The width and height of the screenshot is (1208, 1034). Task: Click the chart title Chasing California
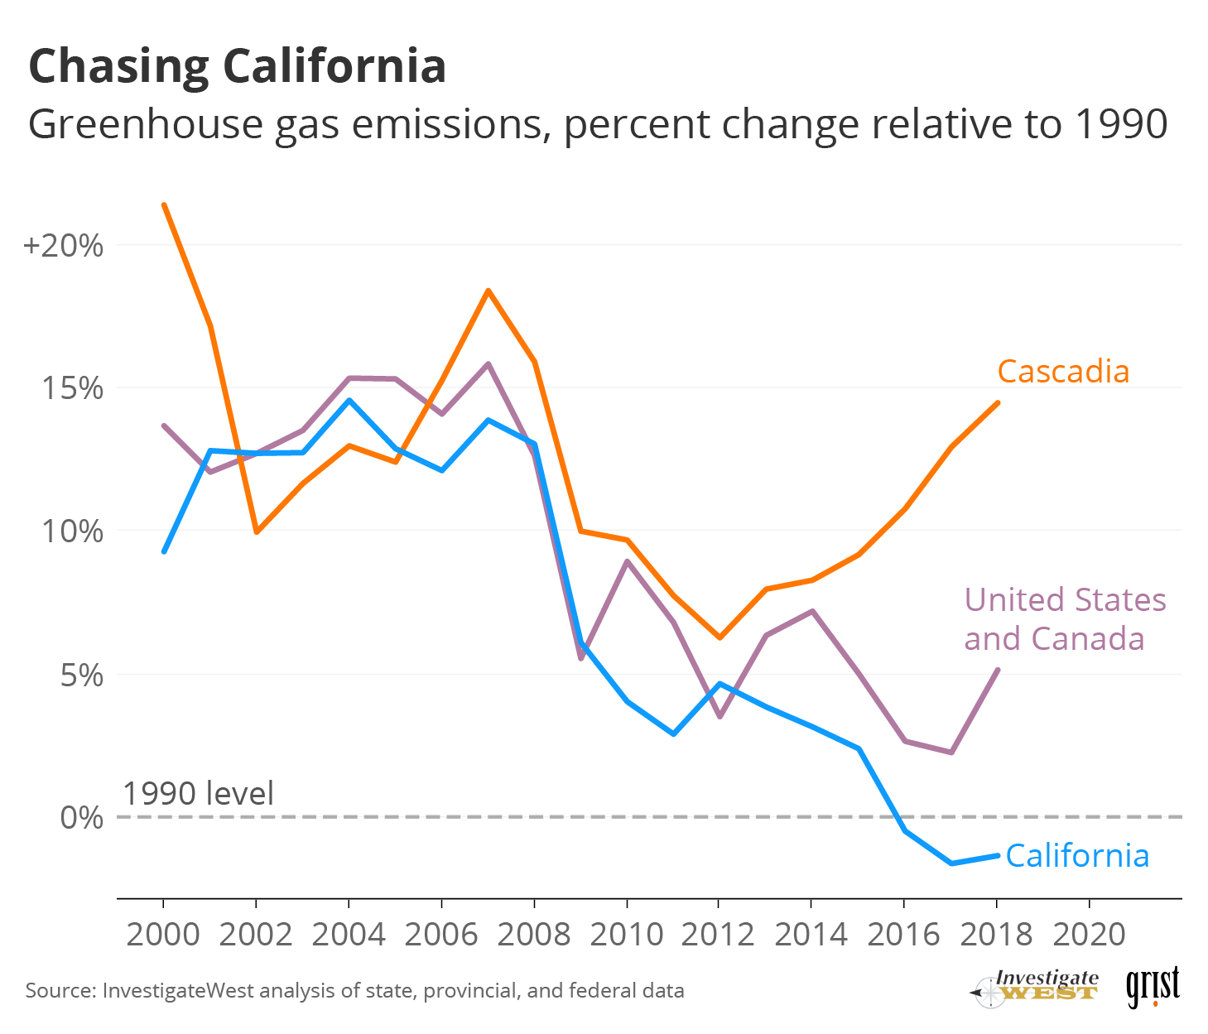pos(238,66)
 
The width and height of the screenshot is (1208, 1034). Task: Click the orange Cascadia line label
pos(1063,372)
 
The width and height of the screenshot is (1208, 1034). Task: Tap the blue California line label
pos(1077,855)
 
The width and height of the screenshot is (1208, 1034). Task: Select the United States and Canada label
pos(1065,618)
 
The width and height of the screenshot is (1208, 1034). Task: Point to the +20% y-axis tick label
pos(64,246)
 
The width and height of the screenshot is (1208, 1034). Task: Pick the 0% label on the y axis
pos(82,818)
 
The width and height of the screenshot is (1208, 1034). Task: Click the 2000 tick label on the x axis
pos(163,935)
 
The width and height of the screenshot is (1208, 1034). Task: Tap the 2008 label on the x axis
pos(534,935)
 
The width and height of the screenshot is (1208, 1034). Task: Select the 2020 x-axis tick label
pos(1089,935)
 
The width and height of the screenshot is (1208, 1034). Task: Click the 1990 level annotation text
pos(198,793)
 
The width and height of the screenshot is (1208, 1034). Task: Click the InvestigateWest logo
pos(1037,987)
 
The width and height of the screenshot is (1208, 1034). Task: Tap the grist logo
pos(1153,987)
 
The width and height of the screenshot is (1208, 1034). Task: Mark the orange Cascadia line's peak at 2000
pos(164,204)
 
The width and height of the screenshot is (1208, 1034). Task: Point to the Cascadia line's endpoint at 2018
pos(998,403)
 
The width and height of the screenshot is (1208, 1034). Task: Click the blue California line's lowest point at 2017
pos(951,863)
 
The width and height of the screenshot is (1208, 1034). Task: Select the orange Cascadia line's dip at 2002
pos(257,531)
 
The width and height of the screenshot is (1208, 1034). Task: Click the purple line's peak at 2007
pos(488,363)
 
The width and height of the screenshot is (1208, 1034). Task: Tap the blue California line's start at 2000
pos(164,551)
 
